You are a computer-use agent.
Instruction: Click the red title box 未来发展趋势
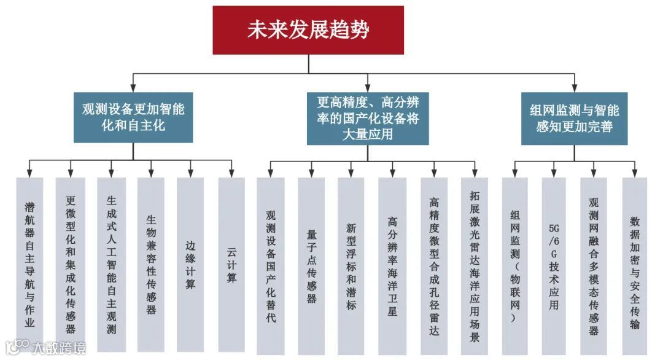[x=308, y=30]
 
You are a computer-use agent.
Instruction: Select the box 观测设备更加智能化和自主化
[x=133, y=117]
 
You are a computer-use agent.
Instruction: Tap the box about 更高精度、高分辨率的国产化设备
[x=368, y=118]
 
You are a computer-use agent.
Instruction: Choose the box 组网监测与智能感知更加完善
[x=574, y=118]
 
